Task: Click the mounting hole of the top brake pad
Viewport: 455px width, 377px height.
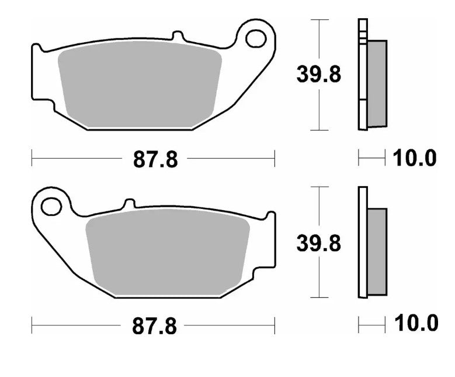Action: point(255,39)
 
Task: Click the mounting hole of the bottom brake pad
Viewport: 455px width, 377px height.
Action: point(51,206)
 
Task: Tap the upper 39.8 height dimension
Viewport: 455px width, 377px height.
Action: point(319,75)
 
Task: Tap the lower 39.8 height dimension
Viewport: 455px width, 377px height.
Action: point(319,243)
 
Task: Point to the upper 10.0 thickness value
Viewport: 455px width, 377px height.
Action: point(414,158)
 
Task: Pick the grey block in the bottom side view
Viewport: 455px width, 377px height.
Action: point(377,252)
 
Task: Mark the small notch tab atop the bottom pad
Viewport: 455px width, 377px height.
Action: point(129,204)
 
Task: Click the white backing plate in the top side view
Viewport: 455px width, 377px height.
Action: point(362,76)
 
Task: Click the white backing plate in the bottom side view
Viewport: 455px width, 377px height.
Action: point(362,243)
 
